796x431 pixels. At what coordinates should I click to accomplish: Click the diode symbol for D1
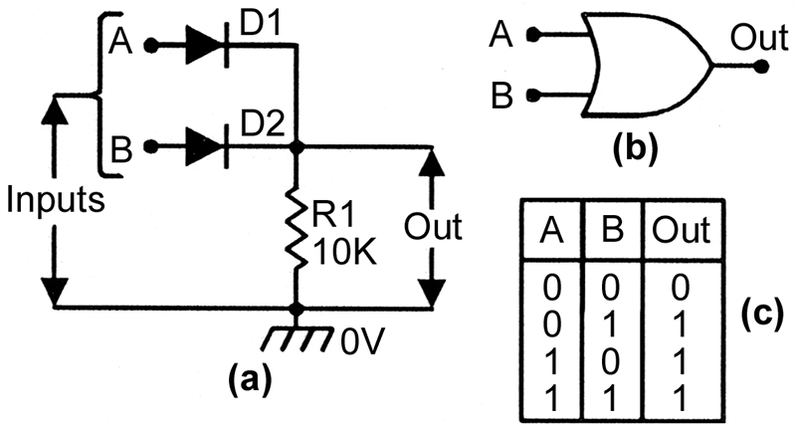click(207, 46)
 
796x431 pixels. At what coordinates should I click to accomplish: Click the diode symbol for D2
click(207, 146)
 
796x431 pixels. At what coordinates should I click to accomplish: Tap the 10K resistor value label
click(344, 252)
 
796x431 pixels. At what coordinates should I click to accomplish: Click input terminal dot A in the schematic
click(150, 46)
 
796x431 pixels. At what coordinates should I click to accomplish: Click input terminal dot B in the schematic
click(150, 146)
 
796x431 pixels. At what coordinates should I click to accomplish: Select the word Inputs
click(56, 200)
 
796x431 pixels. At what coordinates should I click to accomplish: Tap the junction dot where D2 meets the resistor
click(297, 147)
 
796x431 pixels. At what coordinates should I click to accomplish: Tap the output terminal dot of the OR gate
click(761, 66)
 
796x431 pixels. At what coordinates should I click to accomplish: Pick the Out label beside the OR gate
click(759, 37)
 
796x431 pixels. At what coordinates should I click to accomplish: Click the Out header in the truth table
click(681, 230)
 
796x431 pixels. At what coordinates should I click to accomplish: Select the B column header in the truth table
click(612, 230)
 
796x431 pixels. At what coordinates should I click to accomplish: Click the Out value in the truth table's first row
click(681, 288)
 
